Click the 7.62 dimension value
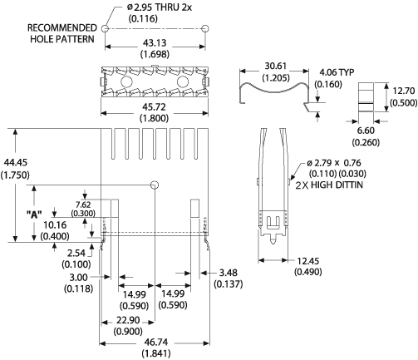pyautogui.click(x=83, y=205)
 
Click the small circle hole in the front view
pyautogui.click(x=155, y=185)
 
